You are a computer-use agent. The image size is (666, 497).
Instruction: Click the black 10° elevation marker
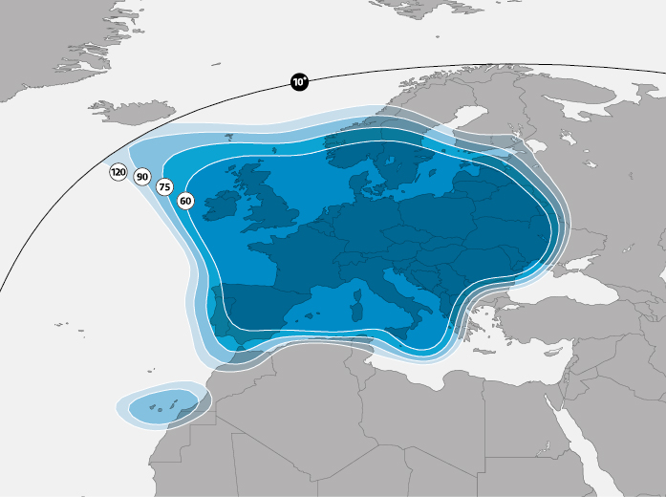point(299,82)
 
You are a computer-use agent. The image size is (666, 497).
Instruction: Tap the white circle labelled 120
point(118,172)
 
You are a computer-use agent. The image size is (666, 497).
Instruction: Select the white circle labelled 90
point(141,177)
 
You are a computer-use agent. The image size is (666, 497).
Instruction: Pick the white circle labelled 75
point(164,187)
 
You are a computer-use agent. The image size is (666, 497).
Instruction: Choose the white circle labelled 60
point(185,201)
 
